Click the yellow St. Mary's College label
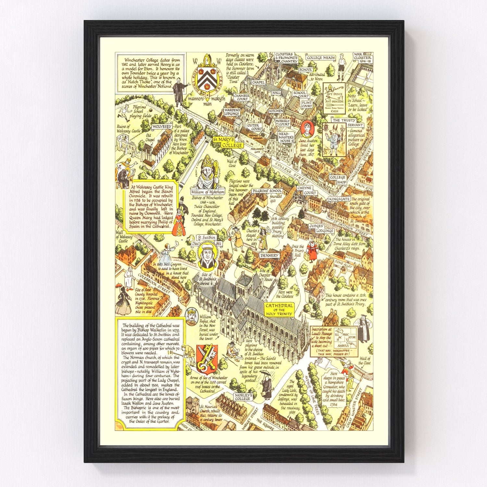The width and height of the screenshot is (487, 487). click(228, 142)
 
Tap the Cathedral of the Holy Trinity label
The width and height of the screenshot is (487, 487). click(279, 310)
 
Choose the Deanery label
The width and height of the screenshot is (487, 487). click(269, 255)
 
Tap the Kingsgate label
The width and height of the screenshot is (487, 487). click(339, 199)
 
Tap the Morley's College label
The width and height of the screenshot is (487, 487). click(243, 397)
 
